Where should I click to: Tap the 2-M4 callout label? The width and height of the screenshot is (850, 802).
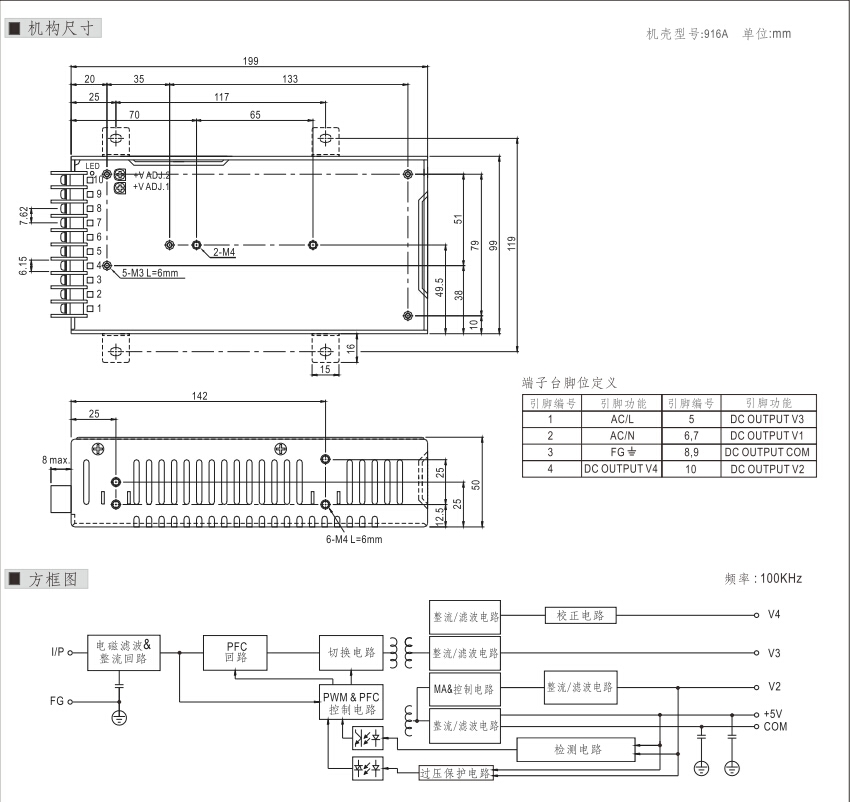point(224,252)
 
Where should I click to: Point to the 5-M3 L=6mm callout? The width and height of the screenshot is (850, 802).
point(151,272)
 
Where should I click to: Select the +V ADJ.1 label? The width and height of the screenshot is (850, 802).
point(152,186)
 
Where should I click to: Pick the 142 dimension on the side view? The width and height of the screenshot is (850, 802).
point(199,397)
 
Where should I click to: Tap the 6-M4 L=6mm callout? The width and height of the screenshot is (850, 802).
point(354,539)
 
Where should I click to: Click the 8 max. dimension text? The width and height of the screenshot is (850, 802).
point(55,460)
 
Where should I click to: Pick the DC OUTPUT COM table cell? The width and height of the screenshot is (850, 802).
point(766,452)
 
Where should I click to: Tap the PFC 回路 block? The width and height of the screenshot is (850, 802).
point(236,653)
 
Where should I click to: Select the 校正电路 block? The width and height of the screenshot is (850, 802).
point(580,615)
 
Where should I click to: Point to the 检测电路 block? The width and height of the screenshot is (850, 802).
point(574,749)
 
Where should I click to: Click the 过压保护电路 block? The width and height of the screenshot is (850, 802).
point(455,773)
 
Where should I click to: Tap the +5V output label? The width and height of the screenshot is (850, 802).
point(772,714)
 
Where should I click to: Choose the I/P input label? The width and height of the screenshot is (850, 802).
point(59,652)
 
